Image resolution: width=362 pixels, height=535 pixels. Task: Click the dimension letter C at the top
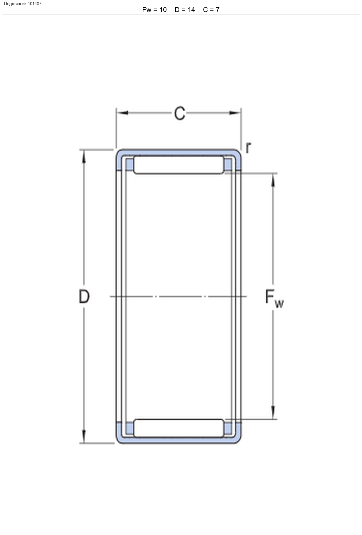point(180,113)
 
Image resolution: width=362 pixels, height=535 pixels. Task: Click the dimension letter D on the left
point(84,296)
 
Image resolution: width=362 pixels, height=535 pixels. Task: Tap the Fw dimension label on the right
point(274,298)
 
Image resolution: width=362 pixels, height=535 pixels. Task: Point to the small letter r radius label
point(248,147)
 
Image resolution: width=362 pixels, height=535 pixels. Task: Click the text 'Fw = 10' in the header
point(154,10)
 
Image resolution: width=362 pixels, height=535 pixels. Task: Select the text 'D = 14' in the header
point(185,10)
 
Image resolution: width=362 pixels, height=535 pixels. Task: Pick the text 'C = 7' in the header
point(211,10)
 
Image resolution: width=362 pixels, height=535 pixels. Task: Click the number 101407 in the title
point(35,4)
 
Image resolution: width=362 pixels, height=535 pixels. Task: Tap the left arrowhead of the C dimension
point(122,113)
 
